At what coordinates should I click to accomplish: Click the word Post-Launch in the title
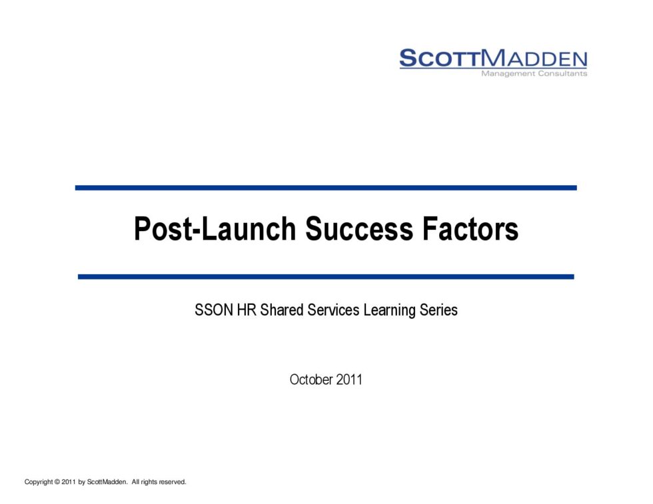coord(215,229)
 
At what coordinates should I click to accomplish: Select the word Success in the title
coord(359,229)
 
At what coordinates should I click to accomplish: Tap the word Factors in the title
coord(470,229)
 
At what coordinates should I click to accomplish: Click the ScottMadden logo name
coord(493,59)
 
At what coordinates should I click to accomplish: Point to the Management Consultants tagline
coord(534,74)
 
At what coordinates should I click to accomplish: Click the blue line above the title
coord(326,188)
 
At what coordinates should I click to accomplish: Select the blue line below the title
coord(326,277)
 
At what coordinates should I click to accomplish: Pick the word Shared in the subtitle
coord(281,310)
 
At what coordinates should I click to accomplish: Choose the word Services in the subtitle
coord(333,310)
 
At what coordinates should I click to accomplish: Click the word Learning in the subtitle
coord(389,311)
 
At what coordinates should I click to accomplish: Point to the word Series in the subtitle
coord(438,310)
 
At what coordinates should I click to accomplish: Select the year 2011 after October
coord(349,379)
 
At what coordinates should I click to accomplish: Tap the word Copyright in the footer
coord(39,482)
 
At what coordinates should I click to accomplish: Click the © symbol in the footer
coord(57,482)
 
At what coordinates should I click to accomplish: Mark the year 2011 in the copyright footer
coord(69,482)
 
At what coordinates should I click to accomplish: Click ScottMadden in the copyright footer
coord(107,482)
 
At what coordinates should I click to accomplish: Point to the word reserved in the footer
coord(173,482)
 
